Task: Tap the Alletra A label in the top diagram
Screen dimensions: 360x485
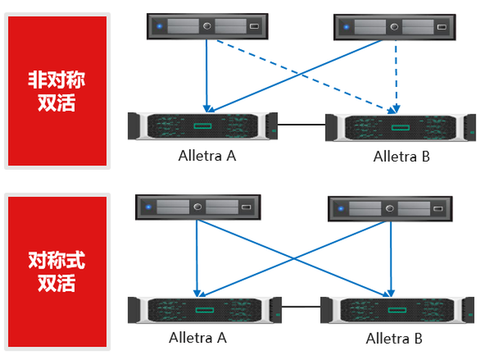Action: coord(207,155)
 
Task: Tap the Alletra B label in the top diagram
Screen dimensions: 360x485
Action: coord(402,155)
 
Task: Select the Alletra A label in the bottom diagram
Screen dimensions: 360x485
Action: coord(198,337)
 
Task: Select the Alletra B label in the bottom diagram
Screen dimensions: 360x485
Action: coord(395,338)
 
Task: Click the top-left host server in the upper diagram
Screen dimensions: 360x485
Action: coord(207,27)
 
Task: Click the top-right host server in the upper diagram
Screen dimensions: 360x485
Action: coord(394,28)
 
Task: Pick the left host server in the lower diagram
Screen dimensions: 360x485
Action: coord(197,208)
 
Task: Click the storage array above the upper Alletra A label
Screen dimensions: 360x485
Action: coord(202,126)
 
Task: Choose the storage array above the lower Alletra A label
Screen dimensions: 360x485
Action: coord(203,309)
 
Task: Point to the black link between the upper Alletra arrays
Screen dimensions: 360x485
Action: coord(302,124)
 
